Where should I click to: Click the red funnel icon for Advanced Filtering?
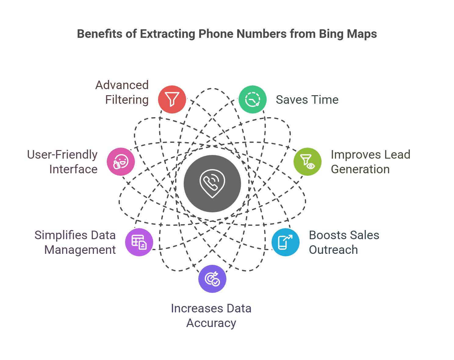[172, 99]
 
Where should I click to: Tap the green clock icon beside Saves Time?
[253, 99]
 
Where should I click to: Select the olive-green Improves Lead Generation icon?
[307, 162]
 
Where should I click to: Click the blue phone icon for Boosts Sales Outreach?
[286, 242]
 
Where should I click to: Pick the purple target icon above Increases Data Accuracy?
[212, 279]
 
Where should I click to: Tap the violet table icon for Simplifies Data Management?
[139, 242]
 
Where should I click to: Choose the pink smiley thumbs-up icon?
[121, 162]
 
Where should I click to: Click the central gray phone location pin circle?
[212, 184]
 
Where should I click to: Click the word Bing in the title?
[329, 34]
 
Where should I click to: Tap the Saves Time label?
[307, 100]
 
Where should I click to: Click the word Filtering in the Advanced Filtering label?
[127, 100]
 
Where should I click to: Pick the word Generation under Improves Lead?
[360, 169]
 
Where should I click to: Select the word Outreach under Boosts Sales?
[333, 250]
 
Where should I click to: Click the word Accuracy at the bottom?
[211, 323]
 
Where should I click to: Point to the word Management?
[80, 250]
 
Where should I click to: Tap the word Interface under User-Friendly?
[73, 169]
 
